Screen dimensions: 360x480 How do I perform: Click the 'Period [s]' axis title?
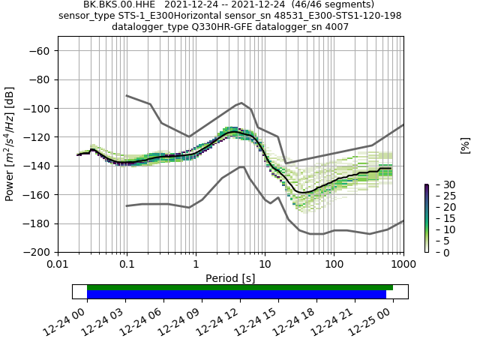coord(230,277)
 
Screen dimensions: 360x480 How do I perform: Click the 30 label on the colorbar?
coord(439,184)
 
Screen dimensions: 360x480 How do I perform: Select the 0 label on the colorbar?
coord(436,253)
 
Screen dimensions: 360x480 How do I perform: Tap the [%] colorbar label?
coord(465,145)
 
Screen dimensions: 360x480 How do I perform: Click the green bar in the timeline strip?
coord(240,287)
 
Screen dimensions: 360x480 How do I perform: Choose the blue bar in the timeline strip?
coord(236,294)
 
